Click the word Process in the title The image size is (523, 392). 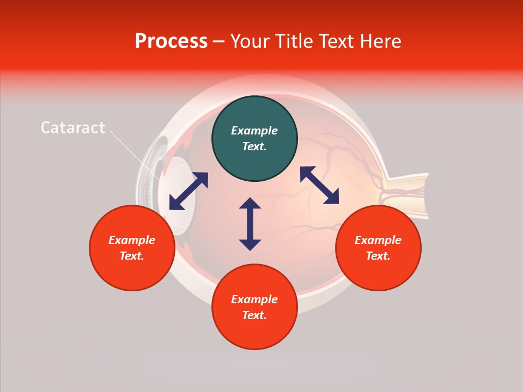pos(171,41)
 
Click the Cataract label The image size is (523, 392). pos(73,128)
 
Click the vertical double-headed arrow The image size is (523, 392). pos(250,224)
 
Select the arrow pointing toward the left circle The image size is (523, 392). pos(188,191)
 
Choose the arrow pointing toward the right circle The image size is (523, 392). pos(319,186)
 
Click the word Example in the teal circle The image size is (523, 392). pos(254,131)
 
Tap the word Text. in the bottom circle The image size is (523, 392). pos(254,316)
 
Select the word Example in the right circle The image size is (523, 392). pos(378,240)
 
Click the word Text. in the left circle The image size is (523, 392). pos(132,256)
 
